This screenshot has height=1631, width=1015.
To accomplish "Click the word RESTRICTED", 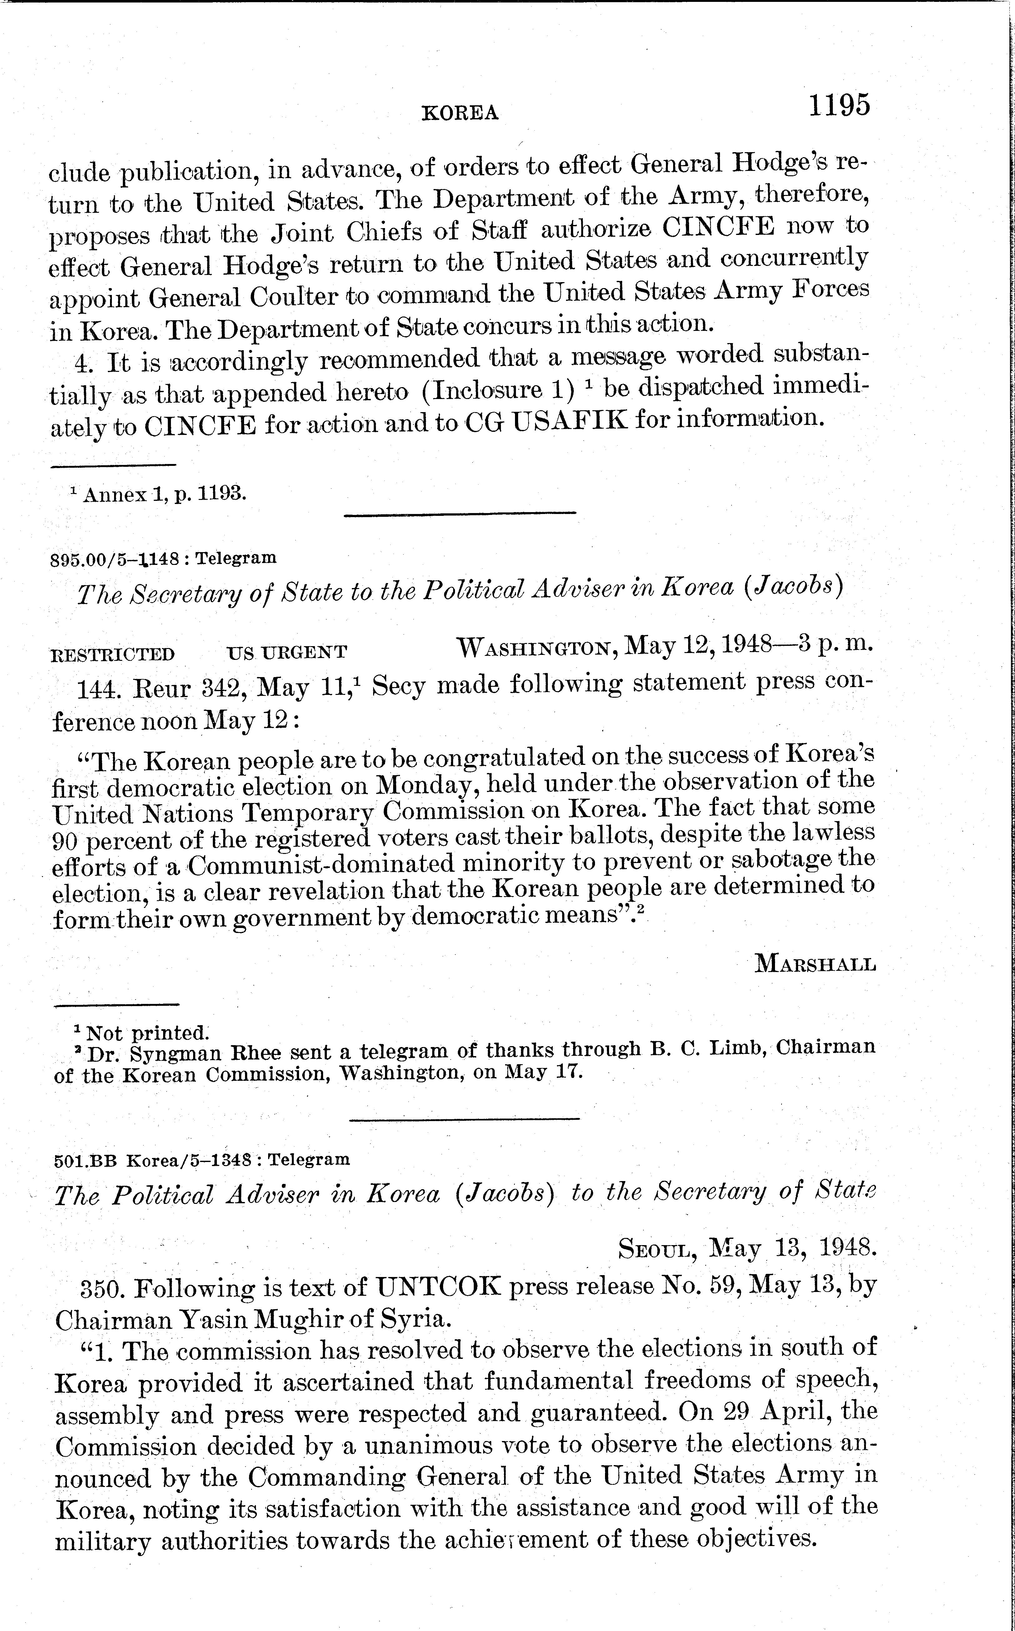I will coord(113,653).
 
